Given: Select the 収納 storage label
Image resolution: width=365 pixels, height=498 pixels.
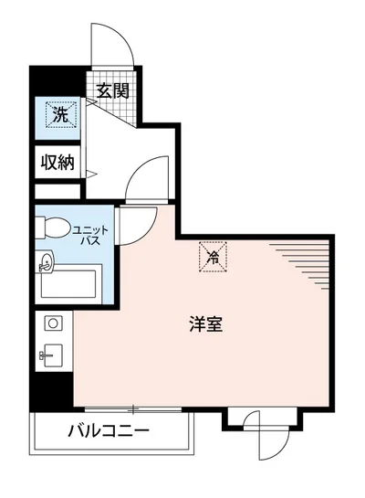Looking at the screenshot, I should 57,163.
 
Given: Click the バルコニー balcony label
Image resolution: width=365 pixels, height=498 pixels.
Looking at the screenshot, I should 107,430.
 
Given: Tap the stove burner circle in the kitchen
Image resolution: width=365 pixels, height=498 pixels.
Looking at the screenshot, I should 51,323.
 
